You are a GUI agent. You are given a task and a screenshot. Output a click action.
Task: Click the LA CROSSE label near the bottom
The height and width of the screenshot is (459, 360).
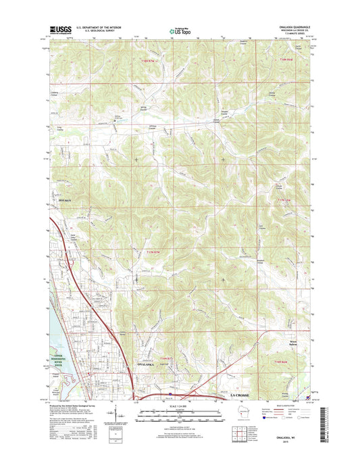241,393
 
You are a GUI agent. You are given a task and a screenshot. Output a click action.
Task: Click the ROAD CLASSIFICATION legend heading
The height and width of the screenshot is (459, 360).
289,403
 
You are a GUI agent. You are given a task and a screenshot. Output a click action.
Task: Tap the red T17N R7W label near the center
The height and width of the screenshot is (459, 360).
153,252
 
